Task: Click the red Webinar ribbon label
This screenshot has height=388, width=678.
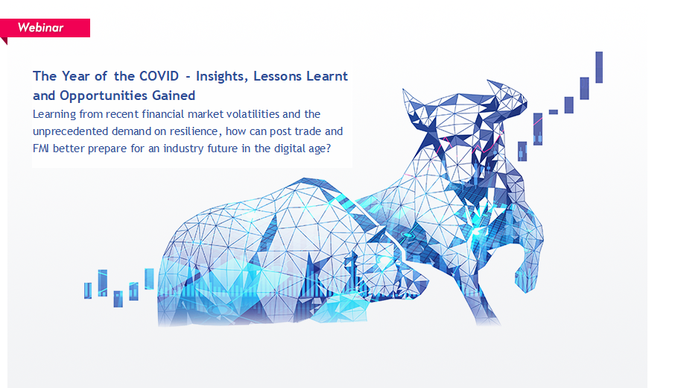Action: (x=45, y=28)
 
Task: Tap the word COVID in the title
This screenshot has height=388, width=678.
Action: (x=159, y=76)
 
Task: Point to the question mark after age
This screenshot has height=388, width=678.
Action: (x=328, y=148)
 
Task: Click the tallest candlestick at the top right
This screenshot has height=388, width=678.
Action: (x=599, y=67)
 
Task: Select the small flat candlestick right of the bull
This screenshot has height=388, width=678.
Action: (x=554, y=112)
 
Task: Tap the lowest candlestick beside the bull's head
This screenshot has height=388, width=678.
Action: (x=522, y=151)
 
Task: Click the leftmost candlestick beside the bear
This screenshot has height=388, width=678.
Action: (x=88, y=290)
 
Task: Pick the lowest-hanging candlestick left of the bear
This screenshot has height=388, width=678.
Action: (x=118, y=298)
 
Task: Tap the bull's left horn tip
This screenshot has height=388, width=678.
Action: (x=404, y=90)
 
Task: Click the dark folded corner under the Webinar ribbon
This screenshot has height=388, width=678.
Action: (x=4, y=41)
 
